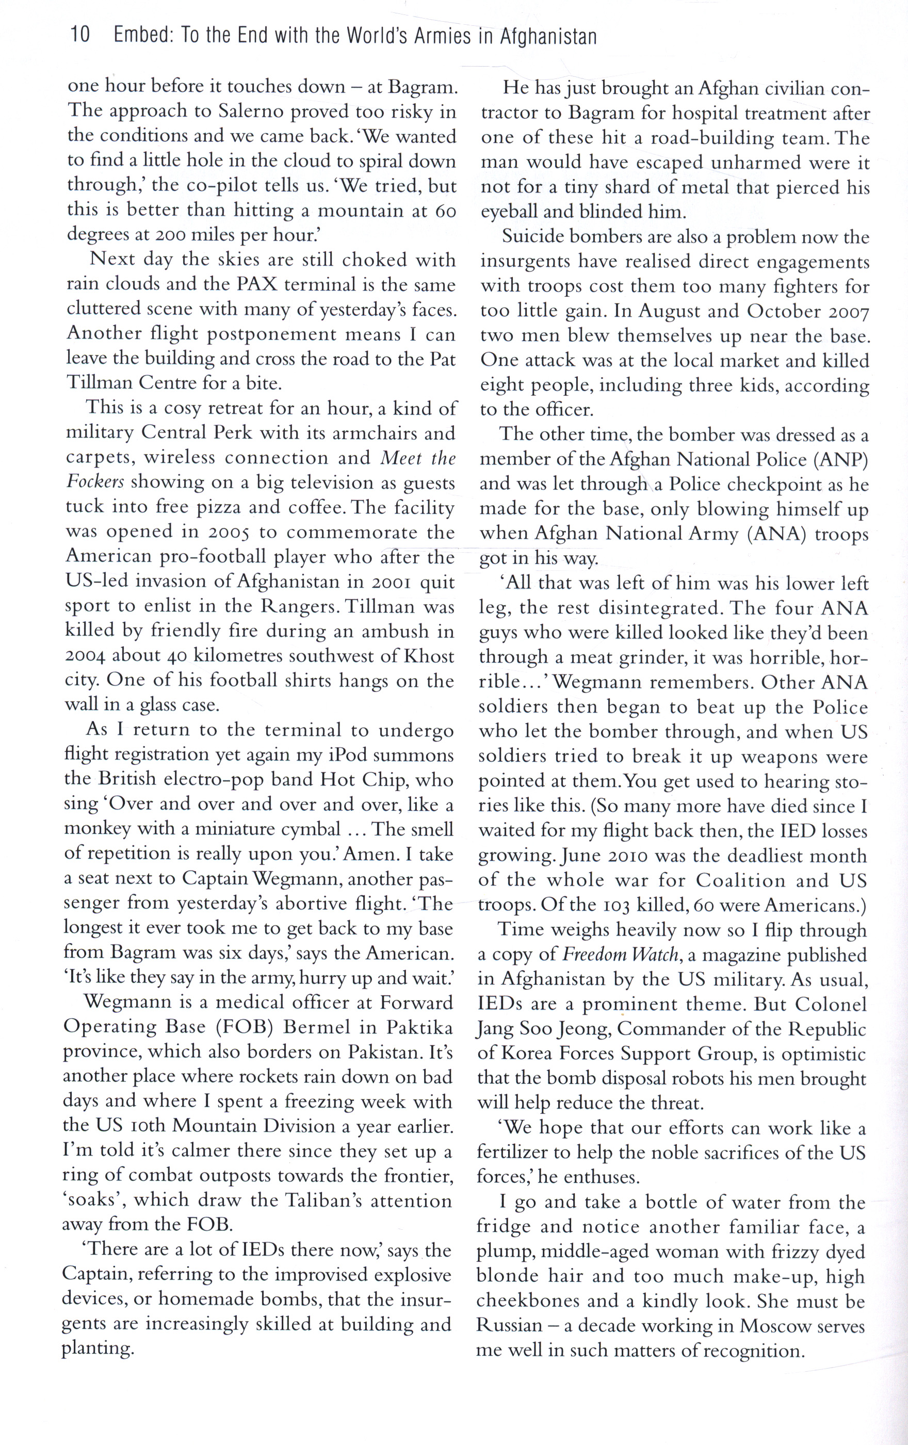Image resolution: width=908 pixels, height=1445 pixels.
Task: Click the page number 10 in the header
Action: pos(80,36)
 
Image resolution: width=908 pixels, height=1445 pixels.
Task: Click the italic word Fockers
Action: pos(95,483)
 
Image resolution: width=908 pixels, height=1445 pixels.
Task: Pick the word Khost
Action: pos(429,656)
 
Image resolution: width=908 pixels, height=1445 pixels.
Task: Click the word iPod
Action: pos(350,754)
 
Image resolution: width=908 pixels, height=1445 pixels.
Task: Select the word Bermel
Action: pos(317,1027)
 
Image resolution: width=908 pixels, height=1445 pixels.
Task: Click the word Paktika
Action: pos(419,1027)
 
